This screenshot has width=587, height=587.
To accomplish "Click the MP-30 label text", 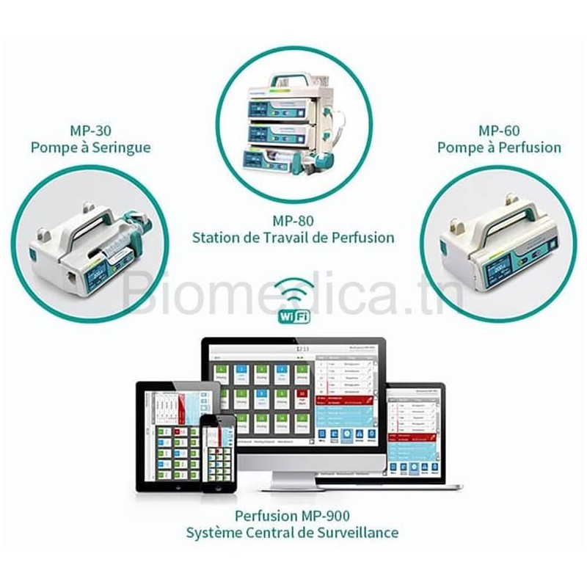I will pyautogui.click(x=91, y=131).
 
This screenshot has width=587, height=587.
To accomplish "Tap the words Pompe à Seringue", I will pyautogui.click(x=91, y=147).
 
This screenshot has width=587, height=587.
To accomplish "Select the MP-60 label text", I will pyautogui.click(x=500, y=131).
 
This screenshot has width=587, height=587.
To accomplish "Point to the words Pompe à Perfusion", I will pyautogui.click(x=500, y=147).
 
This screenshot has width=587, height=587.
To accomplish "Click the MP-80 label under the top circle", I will pyautogui.click(x=293, y=220).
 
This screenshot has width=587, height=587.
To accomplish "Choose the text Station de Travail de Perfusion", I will pyautogui.click(x=293, y=238).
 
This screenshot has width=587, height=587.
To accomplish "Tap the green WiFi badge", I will pyautogui.click(x=292, y=316).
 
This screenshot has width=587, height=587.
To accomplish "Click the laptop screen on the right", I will pyautogui.click(x=417, y=433).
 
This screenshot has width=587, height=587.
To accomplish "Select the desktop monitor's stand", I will pyautogui.click(x=293, y=478).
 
